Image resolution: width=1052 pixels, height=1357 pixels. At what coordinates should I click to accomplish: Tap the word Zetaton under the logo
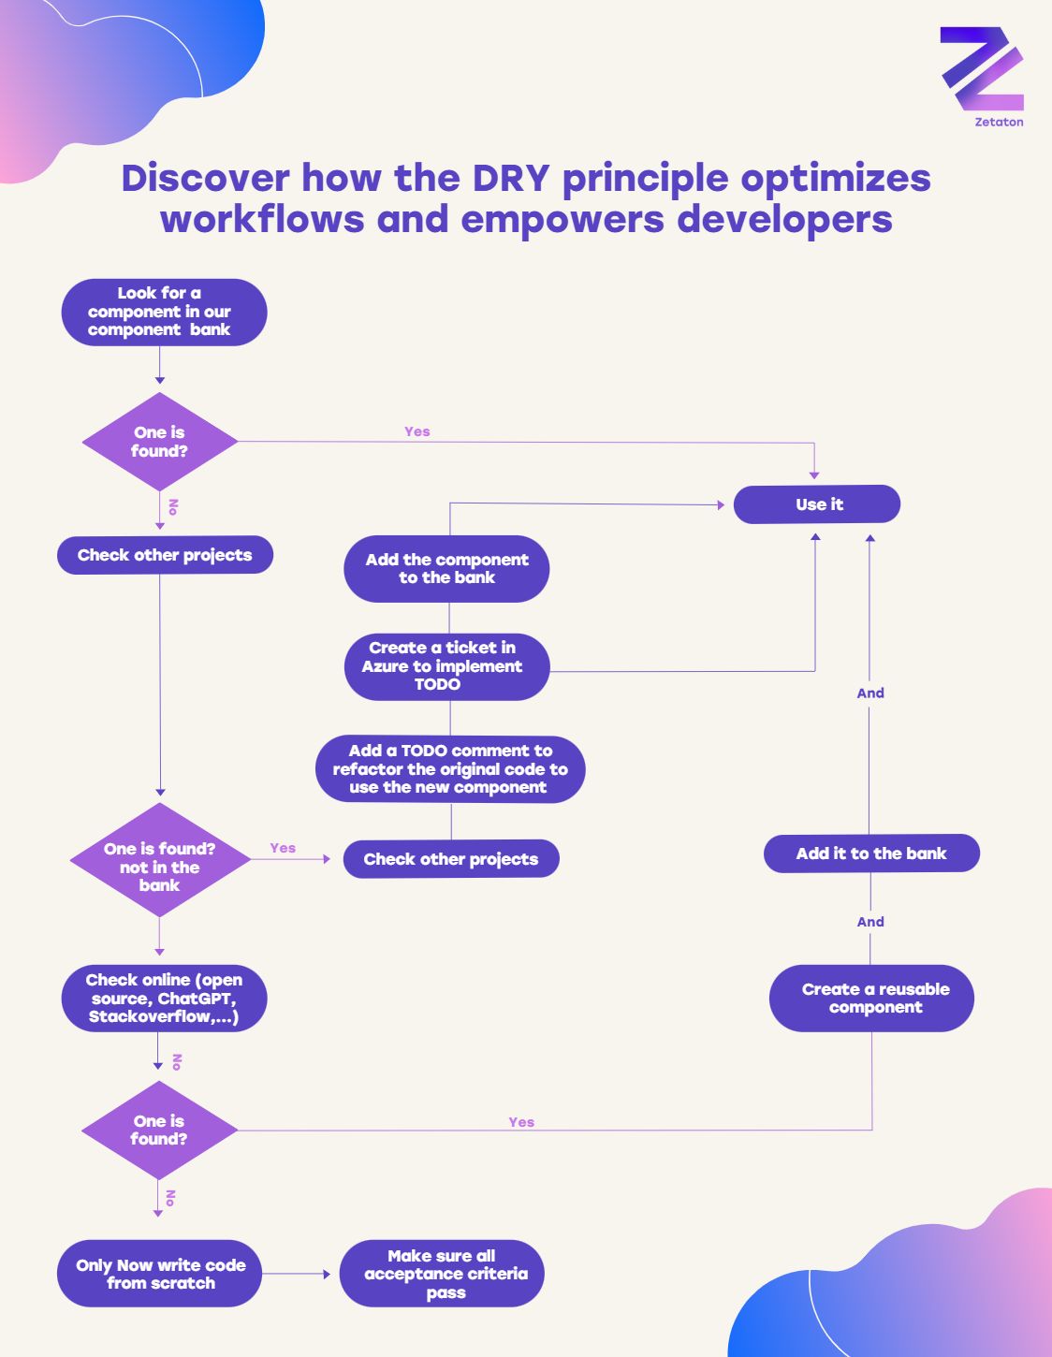point(999,122)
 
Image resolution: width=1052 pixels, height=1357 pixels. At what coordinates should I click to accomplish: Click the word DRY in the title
point(511,178)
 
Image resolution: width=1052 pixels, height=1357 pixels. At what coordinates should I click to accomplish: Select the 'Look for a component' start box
point(164,312)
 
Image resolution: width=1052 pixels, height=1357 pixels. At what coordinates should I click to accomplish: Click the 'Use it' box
point(817,504)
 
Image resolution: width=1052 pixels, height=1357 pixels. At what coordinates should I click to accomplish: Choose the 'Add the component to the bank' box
point(446,569)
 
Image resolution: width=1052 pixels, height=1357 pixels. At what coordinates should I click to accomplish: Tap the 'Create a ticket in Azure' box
point(446,666)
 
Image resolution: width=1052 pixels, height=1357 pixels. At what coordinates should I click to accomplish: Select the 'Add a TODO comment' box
point(450,769)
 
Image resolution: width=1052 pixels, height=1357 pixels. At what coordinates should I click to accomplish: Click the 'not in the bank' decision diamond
point(160,861)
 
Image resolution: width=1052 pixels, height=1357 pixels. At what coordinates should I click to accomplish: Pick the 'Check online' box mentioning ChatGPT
point(164,999)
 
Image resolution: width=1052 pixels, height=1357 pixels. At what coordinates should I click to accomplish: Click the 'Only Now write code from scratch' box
point(160,1274)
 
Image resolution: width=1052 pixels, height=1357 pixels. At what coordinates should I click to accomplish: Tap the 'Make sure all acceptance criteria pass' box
point(442,1274)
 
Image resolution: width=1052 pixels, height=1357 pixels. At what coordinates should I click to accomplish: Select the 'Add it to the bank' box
point(871,854)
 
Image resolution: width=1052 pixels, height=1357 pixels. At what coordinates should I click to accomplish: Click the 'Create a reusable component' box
point(871,999)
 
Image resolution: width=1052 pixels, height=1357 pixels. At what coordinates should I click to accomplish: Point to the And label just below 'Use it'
point(870,693)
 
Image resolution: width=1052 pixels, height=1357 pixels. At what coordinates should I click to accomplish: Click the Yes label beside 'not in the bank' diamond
point(283,848)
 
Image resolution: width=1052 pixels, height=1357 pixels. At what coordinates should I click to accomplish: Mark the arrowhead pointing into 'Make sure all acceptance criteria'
point(327,1274)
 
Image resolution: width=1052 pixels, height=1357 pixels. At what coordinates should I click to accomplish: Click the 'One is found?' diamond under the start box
point(160,442)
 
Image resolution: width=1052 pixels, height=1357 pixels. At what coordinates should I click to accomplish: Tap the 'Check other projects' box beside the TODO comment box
point(451,859)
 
